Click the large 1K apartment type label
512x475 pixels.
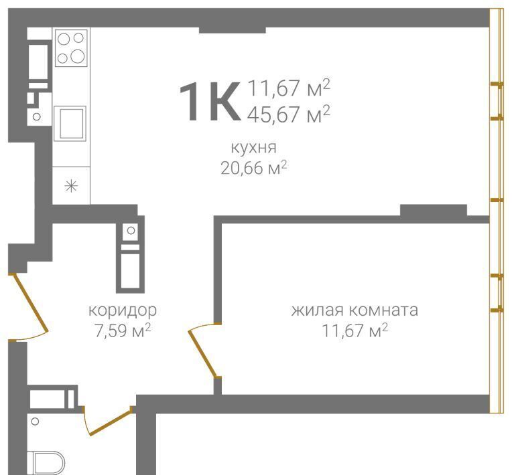point(209,102)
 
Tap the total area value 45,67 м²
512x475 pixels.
point(289,114)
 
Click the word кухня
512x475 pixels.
point(254,147)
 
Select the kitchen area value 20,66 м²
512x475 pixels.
point(254,168)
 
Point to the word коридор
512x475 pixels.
point(123,310)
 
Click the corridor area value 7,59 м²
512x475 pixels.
point(123,330)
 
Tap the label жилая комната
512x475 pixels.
point(355,310)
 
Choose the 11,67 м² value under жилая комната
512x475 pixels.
point(355,330)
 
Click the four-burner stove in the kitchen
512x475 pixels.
point(71,48)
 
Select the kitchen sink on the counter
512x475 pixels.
point(70,124)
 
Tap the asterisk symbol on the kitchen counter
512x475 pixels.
point(71,187)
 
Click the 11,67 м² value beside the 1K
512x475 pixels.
point(289,88)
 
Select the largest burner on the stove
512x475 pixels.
point(78,56)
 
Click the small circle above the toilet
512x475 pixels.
point(35,421)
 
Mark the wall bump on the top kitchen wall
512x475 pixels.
point(232,30)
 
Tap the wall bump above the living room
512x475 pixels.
point(434,210)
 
